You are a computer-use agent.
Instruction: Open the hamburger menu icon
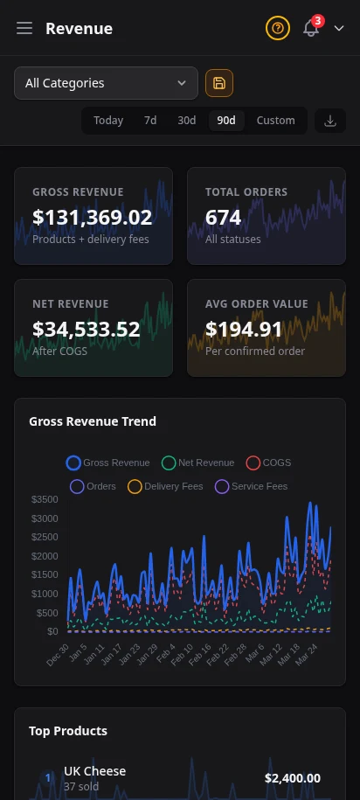(x=24, y=29)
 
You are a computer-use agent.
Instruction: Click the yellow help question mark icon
(x=277, y=29)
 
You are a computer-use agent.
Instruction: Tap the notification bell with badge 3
(x=311, y=28)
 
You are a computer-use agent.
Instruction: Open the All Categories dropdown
(x=106, y=83)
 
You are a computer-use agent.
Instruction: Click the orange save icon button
(x=219, y=83)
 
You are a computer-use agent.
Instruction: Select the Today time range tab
(x=108, y=121)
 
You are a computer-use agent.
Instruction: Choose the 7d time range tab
(x=150, y=121)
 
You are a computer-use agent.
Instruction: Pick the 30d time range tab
(x=187, y=121)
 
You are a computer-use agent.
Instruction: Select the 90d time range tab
(x=226, y=121)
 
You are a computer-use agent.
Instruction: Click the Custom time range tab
(x=275, y=121)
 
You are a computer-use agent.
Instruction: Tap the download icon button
(x=330, y=121)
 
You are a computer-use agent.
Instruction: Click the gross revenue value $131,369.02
(x=93, y=217)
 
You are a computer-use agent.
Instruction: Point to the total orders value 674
(x=224, y=217)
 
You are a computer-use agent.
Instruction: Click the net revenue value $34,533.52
(x=87, y=329)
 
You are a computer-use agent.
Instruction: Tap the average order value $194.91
(x=245, y=329)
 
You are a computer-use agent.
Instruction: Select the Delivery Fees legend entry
(x=165, y=486)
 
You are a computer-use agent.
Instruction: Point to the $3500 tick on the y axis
(x=45, y=500)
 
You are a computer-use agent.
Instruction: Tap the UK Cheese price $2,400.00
(x=292, y=778)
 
